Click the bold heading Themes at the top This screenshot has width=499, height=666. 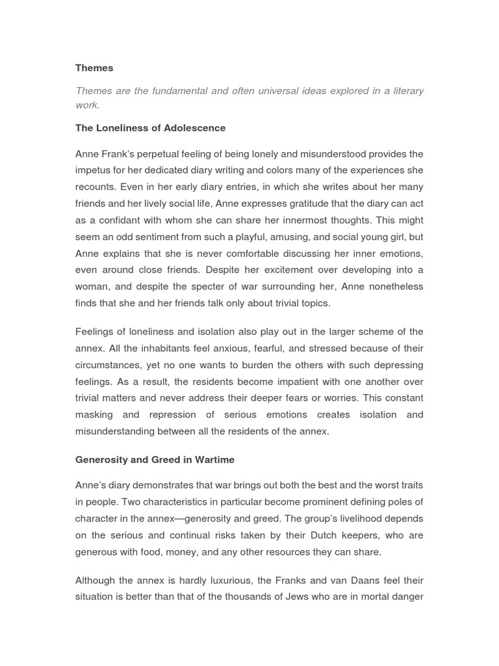tap(94, 68)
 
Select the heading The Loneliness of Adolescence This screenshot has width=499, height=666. tap(150, 128)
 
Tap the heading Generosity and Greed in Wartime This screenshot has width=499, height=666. tap(155, 460)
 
